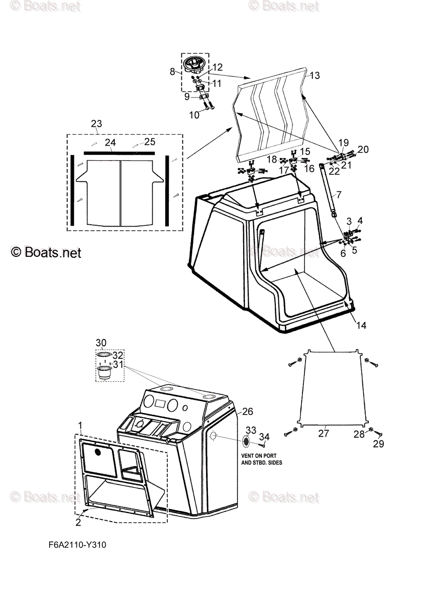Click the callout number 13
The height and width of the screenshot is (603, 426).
click(314, 75)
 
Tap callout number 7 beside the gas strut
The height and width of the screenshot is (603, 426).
click(338, 194)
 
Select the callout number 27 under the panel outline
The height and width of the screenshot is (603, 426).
click(324, 433)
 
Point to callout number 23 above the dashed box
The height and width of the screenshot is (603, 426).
click(96, 124)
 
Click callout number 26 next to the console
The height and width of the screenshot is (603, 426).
click(247, 411)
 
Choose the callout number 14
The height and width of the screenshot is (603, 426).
click(361, 325)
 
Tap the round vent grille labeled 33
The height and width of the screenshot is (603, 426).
click(247, 441)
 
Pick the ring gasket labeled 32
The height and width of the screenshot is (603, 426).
click(102, 355)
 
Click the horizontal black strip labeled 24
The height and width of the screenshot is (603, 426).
click(119, 151)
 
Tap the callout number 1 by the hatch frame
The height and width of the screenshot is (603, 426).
click(80, 426)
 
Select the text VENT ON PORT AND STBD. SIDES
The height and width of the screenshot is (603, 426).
click(261, 459)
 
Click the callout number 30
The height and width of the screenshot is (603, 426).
click(101, 343)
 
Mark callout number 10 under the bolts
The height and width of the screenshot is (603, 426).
click(194, 116)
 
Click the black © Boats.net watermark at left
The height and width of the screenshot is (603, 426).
click(45, 252)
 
